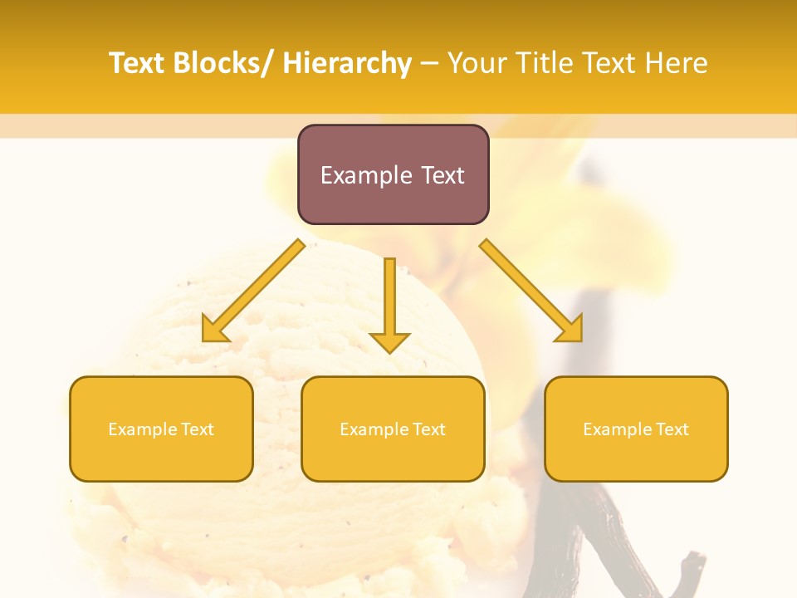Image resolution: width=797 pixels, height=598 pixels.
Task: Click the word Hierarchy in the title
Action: click(347, 62)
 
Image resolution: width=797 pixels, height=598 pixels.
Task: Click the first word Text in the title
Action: click(138, 62)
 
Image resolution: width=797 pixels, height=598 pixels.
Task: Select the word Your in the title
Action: click(477, 62)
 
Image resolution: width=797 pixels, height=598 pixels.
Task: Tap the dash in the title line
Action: click(429, 63)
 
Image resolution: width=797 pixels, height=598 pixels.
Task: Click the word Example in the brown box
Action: click(366, 176)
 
